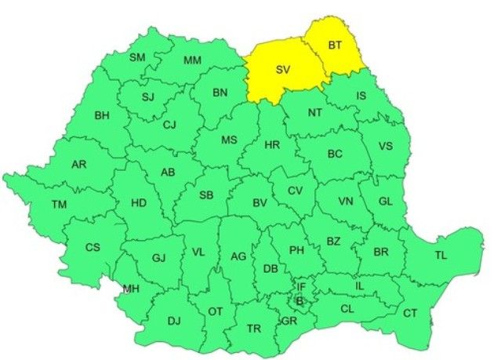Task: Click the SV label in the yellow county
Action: (x=283, y=70)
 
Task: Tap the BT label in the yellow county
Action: (x=336, y=46)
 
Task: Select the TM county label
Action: (x=60, y=204)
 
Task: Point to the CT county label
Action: (x=410, y=314)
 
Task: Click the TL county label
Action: (x=441, y=255)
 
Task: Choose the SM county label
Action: (x=137, y=57)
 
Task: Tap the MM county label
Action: (x=192, y=60)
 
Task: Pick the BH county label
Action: (x=102, y=116)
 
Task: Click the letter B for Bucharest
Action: (x=299, y=300)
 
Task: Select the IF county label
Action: (x=301, y=287)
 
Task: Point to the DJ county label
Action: (x=174, y=320)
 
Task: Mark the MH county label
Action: (x=130, y=289)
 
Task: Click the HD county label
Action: (x=139, y=203)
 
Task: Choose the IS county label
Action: (x=361, y=96)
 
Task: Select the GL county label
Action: (x=385, y=201)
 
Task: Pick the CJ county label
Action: (x=170, y=124)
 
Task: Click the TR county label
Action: (x=254, y=329)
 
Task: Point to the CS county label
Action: (x=93, y=247)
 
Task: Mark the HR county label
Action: (x=272, y=145)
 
